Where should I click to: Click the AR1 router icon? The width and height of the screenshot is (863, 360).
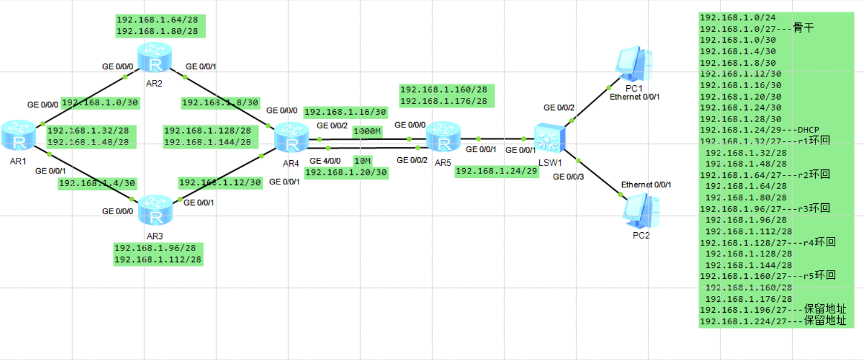tap(18, 136)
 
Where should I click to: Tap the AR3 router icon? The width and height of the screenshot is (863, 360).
tap(154, 210)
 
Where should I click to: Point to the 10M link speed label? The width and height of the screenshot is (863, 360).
tap(363, 160)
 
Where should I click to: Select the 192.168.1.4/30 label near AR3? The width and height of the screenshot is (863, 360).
tap(97, 183)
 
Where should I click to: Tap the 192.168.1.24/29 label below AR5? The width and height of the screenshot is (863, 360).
tap(497, 171)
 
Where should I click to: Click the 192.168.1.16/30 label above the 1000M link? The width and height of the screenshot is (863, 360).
tap(346, 112)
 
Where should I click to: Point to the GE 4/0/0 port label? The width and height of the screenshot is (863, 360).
tap(326, 161)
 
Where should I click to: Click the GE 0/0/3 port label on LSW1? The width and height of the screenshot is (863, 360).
tap(568, 176)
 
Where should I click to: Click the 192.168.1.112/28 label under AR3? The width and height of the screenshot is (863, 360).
tap(158, 260)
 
